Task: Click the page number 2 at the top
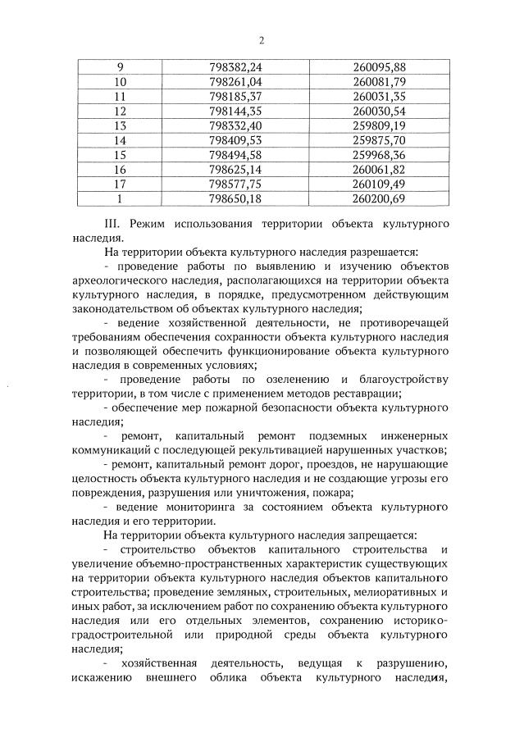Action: (x=261, y=40)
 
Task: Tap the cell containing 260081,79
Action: (x=376, y=81)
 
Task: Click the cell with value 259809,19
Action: (x=376, y=125)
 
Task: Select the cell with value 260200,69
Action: (x=376, y=199)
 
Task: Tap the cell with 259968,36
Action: (x=376, y=155)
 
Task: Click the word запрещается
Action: (x=380, y=535)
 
